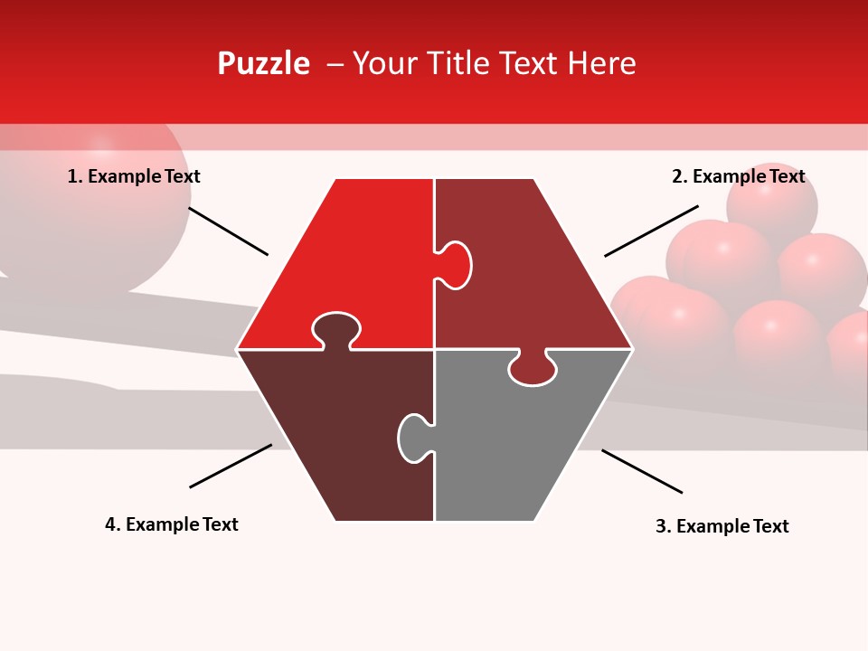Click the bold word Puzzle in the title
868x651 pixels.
coord(263,63)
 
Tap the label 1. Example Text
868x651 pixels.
coord(134,176)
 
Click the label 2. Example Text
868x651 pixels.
coord(738,176)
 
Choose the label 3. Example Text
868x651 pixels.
coord(722,526)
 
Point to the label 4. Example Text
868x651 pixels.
coord(171,524)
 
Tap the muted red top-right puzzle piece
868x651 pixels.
coord(524,271)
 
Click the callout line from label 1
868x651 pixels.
coord(228,231)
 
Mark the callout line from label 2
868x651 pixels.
coord(651,231)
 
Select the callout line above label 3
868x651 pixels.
coord(642,471)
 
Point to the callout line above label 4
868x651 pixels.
coord(231,466)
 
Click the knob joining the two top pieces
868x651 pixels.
coord(456,265)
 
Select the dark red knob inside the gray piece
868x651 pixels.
coord(533,368)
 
